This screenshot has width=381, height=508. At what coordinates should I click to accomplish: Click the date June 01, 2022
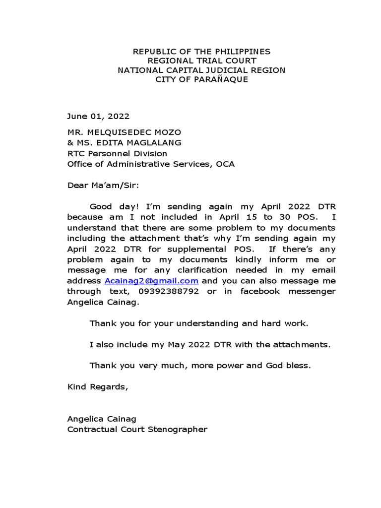pos(98,117)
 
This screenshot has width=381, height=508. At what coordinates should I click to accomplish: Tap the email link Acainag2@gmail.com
pos(151,281)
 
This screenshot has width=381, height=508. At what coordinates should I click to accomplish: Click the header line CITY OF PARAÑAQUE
pos(201,80)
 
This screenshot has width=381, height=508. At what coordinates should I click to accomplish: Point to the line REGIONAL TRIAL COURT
pos(201,61)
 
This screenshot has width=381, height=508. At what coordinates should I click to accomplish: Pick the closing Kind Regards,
pos(98,387)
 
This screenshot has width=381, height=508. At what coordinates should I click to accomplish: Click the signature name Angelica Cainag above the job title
pos(102,419)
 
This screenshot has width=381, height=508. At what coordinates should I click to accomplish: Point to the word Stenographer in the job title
pos(178,430)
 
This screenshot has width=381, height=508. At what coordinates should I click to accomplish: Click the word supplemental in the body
pos(190,249)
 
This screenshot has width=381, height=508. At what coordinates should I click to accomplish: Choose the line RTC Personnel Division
pos(117,154)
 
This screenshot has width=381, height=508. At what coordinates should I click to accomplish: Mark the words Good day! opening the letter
pos(109,206)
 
